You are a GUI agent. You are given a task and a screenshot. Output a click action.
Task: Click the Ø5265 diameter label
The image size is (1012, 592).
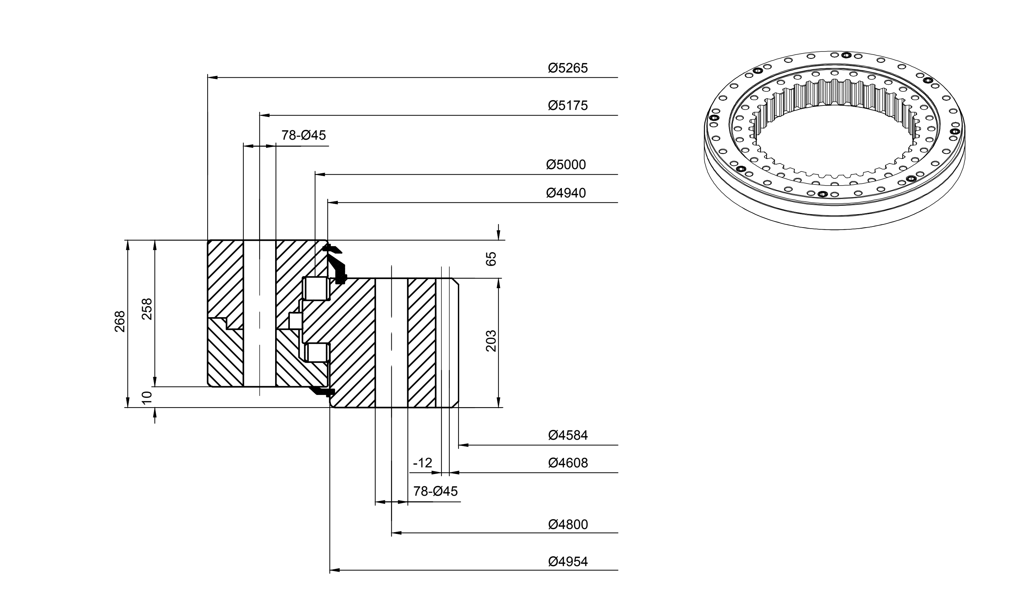[x=568, y=68]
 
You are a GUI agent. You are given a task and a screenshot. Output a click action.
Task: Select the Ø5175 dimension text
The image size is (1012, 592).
[x=568, y=106]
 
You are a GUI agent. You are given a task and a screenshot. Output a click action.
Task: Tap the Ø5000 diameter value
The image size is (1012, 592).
[x=566, y=165]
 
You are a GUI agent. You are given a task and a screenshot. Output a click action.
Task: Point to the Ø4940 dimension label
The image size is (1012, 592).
[x=566, y=193]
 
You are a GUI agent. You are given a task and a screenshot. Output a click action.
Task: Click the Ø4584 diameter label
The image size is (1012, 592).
[x=568, y=436]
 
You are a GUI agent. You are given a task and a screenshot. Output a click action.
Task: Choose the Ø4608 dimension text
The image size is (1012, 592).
[x=568, y=463]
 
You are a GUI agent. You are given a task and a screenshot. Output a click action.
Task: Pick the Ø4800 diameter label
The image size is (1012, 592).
[x=568, y=524]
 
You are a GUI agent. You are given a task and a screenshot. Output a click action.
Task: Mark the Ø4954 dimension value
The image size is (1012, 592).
[x=568, y=562]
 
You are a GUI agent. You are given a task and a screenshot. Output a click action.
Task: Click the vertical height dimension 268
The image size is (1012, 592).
[x=120, y=321]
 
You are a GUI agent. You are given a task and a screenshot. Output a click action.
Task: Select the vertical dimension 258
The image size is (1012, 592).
[x=147, y=309]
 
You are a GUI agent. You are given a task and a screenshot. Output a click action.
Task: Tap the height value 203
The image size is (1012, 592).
[x=491, y=341]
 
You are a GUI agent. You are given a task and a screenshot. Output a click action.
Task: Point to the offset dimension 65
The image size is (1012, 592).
[x=491, y=259]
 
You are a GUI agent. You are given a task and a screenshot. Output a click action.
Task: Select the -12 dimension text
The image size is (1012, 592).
[x=423, y=463]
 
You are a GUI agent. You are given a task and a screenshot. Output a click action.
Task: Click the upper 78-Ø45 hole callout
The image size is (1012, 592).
[x=303, y=135]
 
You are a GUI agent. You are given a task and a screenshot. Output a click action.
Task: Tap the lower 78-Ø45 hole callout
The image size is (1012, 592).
[x=435, y=491]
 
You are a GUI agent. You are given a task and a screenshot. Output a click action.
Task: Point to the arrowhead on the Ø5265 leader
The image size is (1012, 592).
[x=212, y=77]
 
